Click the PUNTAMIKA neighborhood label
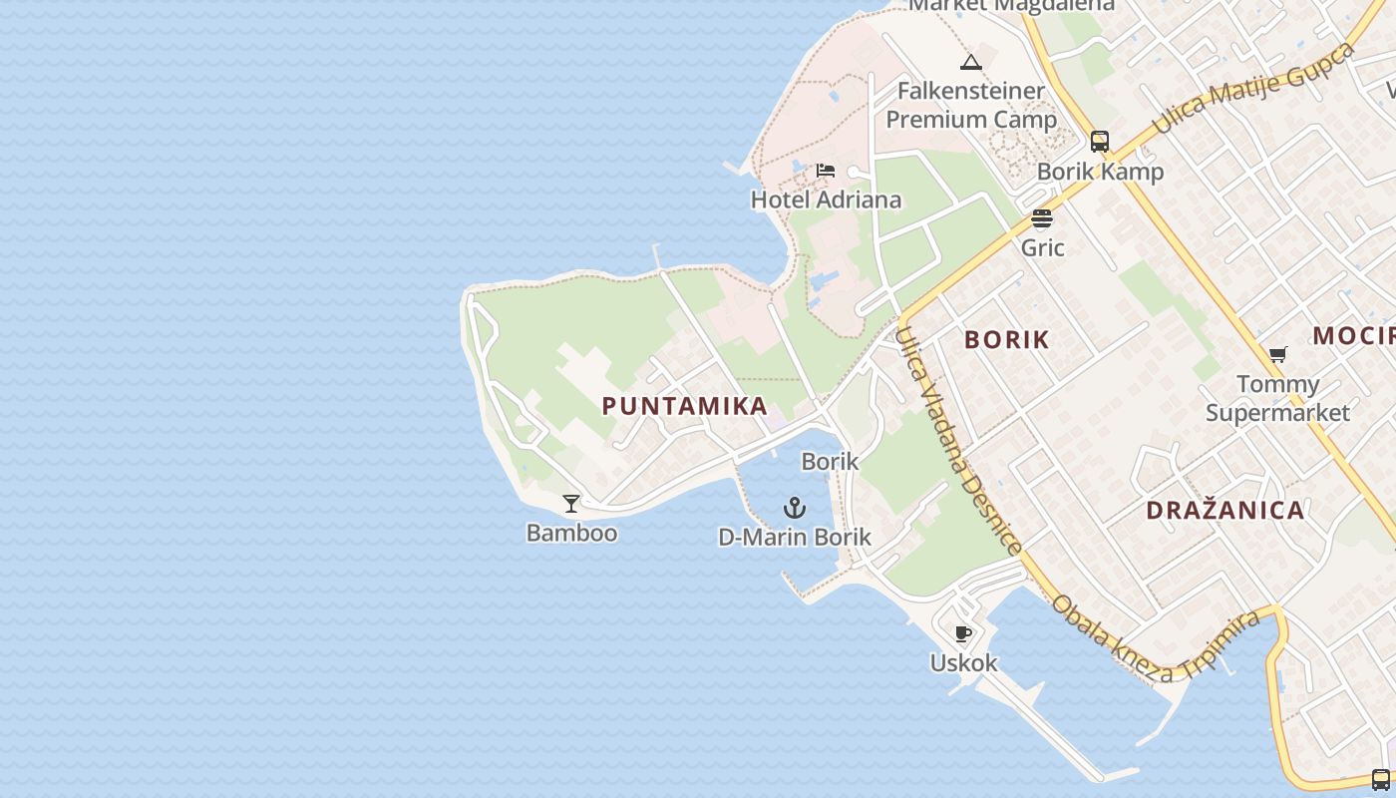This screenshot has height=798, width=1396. tap(684, 406)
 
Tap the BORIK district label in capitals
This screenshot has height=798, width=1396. tap(1006, 339)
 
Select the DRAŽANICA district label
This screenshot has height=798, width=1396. tap(1224, 511)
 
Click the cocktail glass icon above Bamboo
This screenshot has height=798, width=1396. tap(571, 504)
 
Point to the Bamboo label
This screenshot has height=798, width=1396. tap(571, 533)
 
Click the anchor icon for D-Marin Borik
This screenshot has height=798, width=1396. tap(795, 508)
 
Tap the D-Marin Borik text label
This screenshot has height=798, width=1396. tap(795, 537)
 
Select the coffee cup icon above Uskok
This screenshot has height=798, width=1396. tap(963, 633)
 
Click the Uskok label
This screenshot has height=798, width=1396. tap(963, 662)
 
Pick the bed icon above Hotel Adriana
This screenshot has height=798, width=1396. tap(826, 171)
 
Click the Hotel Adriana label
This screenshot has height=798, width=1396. tap(826, 199)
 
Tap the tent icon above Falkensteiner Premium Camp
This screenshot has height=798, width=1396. tap(971, 63)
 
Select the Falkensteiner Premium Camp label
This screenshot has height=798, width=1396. tap(971, 105)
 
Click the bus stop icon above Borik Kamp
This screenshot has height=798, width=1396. tap(1100, 142)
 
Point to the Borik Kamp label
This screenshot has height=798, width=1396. tap(1100, 172)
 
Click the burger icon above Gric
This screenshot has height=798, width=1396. tap(1042, 218)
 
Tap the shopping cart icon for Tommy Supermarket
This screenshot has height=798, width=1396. tap(1277, 354)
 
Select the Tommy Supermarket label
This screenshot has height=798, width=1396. tap(1277, 398)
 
